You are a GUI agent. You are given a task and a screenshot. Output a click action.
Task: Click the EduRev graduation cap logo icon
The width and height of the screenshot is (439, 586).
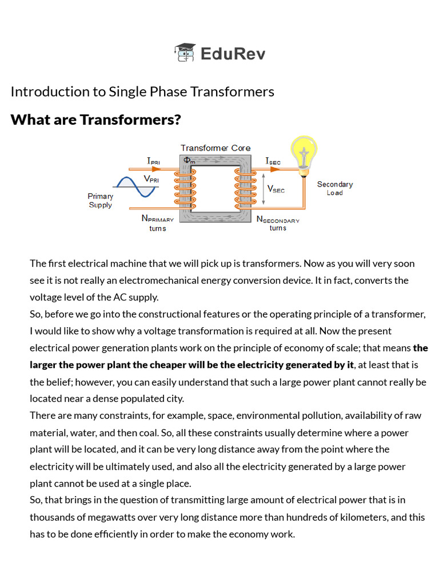185,53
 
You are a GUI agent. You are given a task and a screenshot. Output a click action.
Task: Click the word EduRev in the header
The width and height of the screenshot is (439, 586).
233,54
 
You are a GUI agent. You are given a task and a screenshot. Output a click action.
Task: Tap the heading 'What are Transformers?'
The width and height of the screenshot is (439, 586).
95,120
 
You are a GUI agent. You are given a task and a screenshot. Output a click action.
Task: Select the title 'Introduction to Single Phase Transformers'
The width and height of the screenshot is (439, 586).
142,92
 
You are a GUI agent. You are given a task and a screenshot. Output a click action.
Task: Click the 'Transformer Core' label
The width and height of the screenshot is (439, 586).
215,148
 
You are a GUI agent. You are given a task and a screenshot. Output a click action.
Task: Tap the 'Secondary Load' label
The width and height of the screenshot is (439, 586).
335,188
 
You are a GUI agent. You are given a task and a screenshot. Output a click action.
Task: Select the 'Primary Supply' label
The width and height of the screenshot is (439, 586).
101,200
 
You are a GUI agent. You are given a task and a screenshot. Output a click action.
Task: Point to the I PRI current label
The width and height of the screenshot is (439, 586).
153,161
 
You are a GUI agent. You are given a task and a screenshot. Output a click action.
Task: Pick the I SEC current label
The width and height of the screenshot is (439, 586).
273,161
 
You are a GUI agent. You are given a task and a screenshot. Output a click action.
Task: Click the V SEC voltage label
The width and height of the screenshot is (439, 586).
276,188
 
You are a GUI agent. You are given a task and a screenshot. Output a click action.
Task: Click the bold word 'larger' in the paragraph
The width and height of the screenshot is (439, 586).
45,365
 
